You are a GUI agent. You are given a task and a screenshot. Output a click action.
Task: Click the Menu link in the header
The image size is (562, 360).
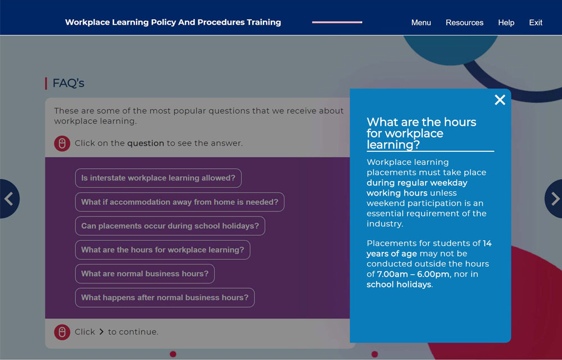pyautogui.click(x=421, y=22)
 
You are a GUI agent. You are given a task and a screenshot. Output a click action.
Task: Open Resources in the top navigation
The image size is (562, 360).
pyautogui.click(x=465, y=22)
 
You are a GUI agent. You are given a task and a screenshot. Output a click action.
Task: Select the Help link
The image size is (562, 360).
pyautogui.click(x=506, y=22)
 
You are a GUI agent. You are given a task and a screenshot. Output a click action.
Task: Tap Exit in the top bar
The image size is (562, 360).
pyautogui.click(x=536, y=22)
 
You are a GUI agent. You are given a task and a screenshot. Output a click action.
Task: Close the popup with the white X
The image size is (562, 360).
pyautogui.click(x=500, y=100)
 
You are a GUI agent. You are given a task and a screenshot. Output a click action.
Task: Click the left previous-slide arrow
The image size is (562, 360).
pyautogui.click(x=8, y=199)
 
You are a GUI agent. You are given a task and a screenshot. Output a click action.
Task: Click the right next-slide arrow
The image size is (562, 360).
pyautogui.click(x=554, y=199)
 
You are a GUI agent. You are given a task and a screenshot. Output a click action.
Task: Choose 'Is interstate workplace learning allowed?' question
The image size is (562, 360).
pyautogui.click(x=158, y=178)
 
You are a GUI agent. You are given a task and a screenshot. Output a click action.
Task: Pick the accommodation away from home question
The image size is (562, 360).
pyautogui.click(x=180, y=202)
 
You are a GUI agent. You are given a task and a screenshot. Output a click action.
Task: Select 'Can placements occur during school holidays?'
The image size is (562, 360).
pyautogui.click(x=170, y=226)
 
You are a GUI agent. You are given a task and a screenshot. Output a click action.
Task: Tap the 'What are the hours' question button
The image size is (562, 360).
pyautogui.click(x=162, y=250)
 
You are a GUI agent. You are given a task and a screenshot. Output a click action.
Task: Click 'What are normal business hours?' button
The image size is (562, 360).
pyautogui.click(x=145, y=273)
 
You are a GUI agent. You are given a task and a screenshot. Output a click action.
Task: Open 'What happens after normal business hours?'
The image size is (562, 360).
pyautogui.click(x=165, y=298)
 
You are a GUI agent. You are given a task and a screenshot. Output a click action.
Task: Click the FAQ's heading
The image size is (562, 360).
pyautogui.click(x=68, y=83)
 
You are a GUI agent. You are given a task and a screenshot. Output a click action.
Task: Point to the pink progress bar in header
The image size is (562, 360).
pyautogui.click(x=337, y=22)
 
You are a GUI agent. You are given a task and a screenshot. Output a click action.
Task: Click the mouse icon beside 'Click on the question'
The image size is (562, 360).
pyautogui.click(x=62, y=143)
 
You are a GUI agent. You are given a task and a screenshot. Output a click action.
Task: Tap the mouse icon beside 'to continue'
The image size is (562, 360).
pyautogui.click(x=62, y=332)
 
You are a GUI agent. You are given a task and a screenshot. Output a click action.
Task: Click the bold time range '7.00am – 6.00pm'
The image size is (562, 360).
pyautogui.click(x=413, y=274)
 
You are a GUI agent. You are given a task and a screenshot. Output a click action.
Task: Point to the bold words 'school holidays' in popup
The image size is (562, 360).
pyautogui.click(x=398, y=284)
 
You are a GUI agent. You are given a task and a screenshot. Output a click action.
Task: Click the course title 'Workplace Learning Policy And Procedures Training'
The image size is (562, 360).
pyautogui.click(x=173, y=22)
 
